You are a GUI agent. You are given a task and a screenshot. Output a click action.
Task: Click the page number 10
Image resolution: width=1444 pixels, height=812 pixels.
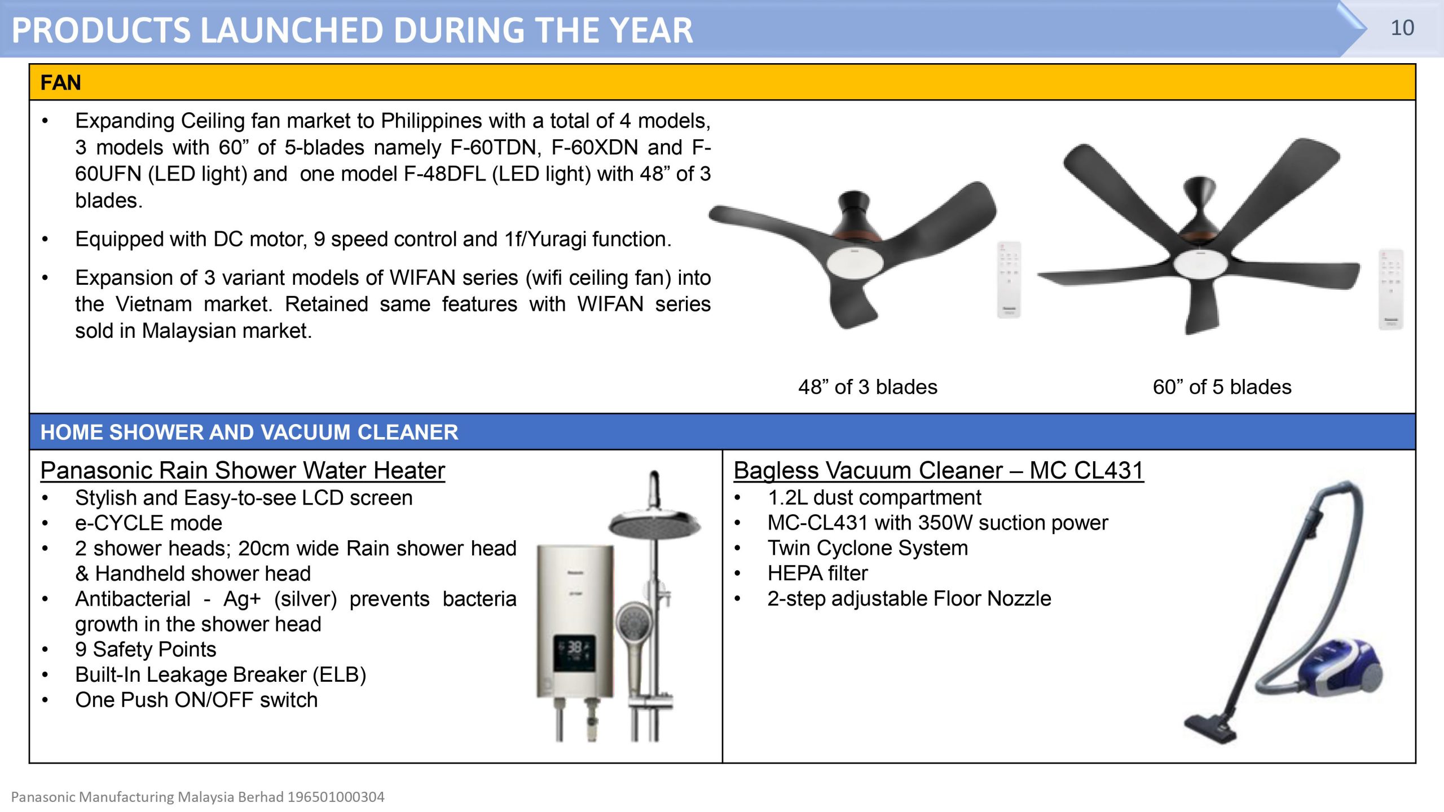tap(1402, 28)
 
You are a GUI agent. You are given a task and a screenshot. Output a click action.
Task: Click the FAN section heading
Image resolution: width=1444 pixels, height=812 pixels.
tap(61, 83)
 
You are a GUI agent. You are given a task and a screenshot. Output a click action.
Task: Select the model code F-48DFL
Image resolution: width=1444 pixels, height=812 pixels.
tap(444, 174)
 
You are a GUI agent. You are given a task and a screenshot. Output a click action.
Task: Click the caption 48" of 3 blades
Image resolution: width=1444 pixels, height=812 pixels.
tap(868, 387)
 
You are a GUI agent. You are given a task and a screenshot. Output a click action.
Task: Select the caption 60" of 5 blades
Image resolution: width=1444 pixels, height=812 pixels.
tap(1222, 387)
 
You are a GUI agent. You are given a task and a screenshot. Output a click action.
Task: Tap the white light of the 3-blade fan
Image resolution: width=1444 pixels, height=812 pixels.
tap(855, 261)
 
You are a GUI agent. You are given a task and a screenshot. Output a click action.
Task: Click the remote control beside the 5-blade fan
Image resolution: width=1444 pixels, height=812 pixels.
tap(1390, 289)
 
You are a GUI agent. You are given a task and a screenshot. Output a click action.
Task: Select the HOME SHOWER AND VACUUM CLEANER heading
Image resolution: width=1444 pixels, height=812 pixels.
tap(249, 433)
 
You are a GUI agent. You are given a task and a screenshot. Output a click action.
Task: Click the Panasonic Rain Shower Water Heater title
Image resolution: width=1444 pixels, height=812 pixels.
tap(243, 470)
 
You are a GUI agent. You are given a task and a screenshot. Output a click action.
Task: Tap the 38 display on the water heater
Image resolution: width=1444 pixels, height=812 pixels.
tap(574, 647)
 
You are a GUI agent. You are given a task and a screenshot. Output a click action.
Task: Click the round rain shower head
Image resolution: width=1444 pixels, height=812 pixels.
tap(654, 524)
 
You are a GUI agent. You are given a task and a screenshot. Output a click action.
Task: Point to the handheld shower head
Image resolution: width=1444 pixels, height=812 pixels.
tap(635, 626)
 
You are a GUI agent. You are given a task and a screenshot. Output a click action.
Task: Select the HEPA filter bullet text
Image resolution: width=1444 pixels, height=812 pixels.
tap(817, 573)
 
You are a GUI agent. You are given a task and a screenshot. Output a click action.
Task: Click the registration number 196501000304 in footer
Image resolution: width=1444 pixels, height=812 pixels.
tap(336, 797)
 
